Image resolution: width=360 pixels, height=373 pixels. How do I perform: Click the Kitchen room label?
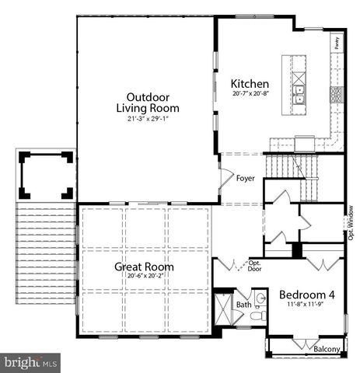click(x=250, y=83)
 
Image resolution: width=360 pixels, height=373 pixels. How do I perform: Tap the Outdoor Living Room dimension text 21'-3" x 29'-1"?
click(x=147, y=119)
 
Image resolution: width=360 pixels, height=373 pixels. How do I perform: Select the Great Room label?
click(x=144, y=267)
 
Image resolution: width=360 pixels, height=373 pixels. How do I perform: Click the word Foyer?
click(x=246, y=178)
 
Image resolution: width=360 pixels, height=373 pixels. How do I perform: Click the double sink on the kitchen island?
click(x=299, y=95)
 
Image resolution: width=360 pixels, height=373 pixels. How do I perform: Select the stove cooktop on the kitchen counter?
click(x=337, y=95)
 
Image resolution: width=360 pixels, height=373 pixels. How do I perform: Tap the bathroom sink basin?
click(x=259, y=298)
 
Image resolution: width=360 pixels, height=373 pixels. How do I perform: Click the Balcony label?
click(x=326, y=350)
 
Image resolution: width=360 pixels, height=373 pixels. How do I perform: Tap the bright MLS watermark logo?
click(x=31, y=362)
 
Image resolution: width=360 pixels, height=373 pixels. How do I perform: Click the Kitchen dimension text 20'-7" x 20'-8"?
click(x=250, y=94)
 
